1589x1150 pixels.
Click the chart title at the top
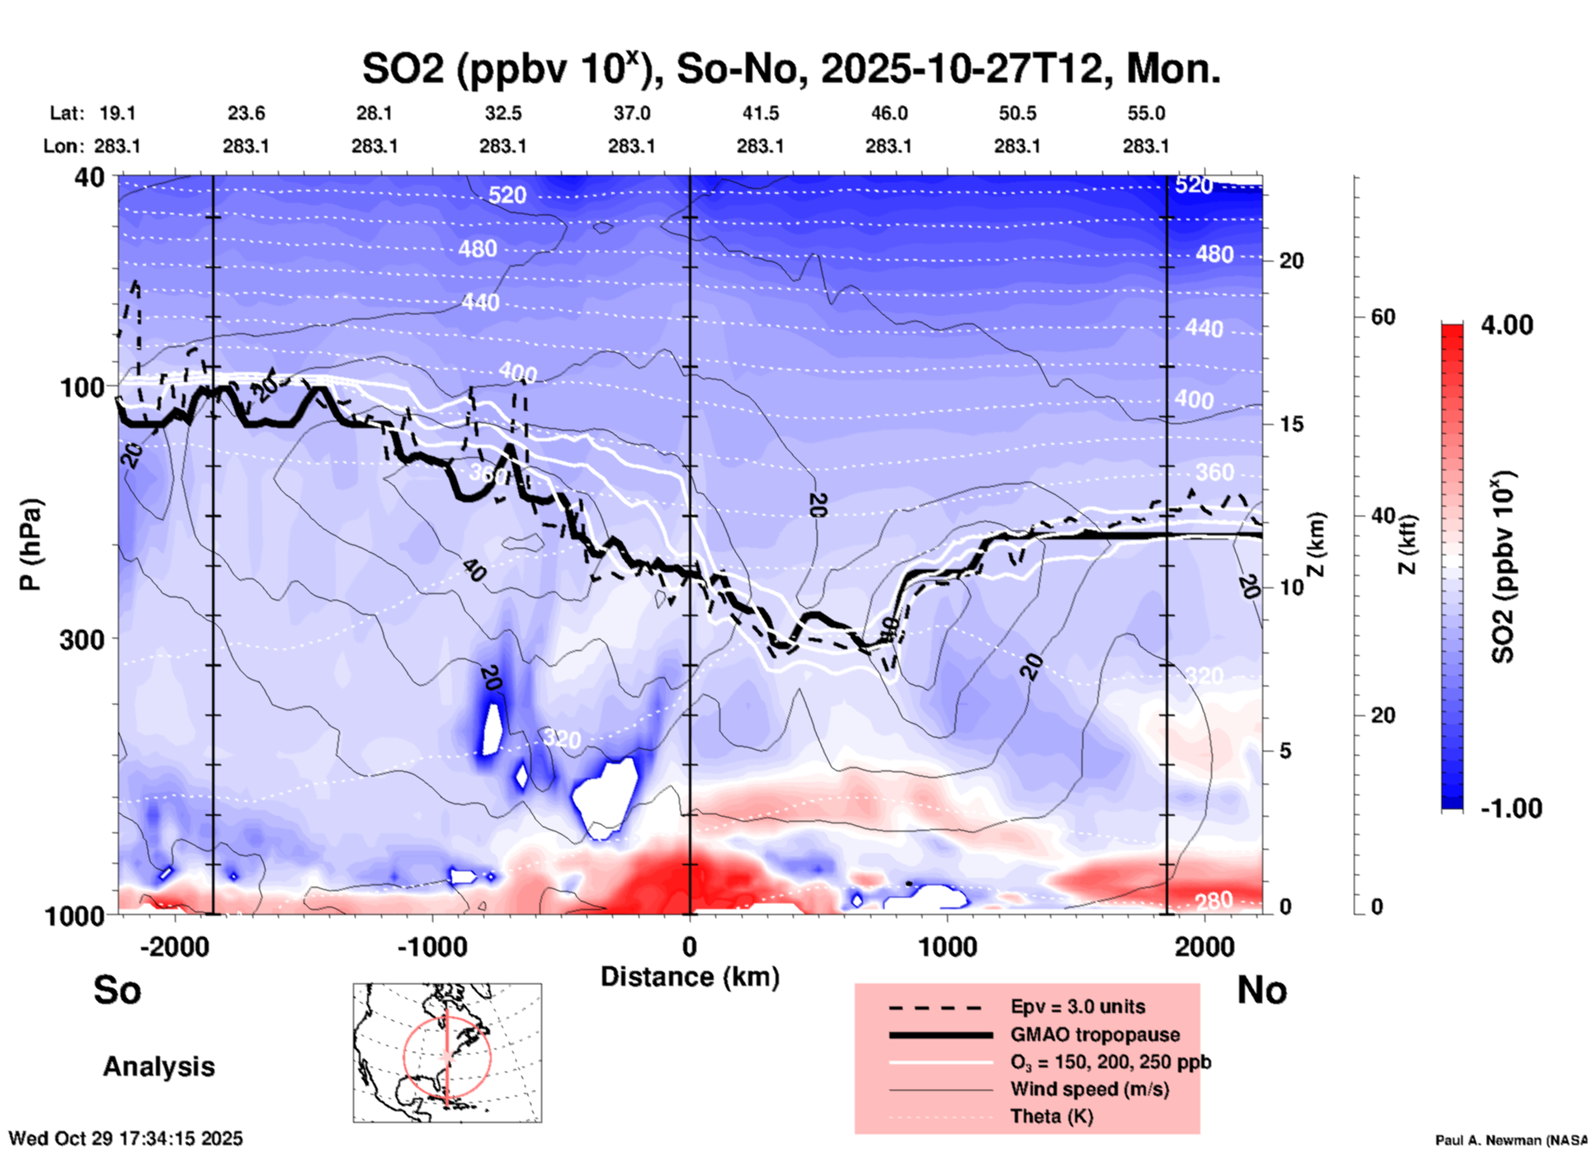pyautogui.click(x=790, y=68)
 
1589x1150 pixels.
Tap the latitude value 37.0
pyautogui.click(x=631, y=113)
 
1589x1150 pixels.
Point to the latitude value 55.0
pyautogui.click(x=1145, y=113)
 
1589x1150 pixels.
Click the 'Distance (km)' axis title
pyautogui.click(x=690, y=977)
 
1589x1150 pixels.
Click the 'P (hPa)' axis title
pyautogui.click(x=31, y=544)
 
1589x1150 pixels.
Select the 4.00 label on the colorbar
pyautogui.click(x=1506, y=325)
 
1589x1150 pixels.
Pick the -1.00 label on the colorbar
pyautogui.click(x=1511, y=808)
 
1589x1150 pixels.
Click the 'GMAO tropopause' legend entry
pyautogui.click(x=1095, y=1035)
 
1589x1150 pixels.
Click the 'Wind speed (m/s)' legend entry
pyautogui.click(x=1089, y=1089)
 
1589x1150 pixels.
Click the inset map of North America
pyautogui.click(x=447, y=1052)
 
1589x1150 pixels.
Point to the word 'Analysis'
pyautogui.click(x=158, y=1067)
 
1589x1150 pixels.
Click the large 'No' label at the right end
pyautogui.click(x=1261, y=990)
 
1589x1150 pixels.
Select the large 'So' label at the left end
pyautogui.click(x=117, y=990)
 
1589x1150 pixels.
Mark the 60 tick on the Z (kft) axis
pyautogui.click(x=1383, y=317)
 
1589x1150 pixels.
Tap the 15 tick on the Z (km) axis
pyautogui.click(x=1291, y=424)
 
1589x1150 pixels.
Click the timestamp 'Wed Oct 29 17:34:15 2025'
pyautogui.click(x=126, y=1138)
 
